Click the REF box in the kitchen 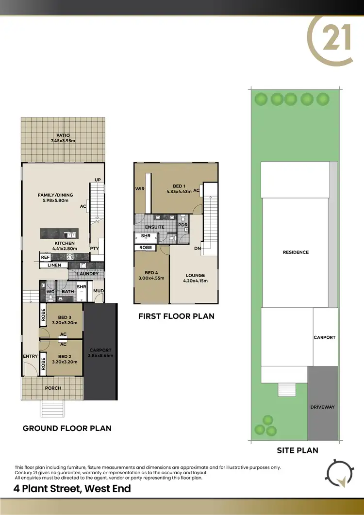tap(45, 257)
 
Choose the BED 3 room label tap(65, 320)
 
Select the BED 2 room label tap(65, 359)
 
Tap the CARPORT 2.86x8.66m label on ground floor tap(100, 353)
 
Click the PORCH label tap(53, 388)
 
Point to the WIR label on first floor tap(140, 188)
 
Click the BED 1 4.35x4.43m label tap(179, 189)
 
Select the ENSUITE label tap(155, 227)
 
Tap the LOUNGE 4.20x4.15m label tap(195, 278)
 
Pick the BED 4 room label tap(151, 275)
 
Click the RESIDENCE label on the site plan tap(296, 252)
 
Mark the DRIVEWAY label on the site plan tap(323, 407)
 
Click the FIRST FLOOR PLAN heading tap(176, 316)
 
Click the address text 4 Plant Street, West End tap(73, 488)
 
